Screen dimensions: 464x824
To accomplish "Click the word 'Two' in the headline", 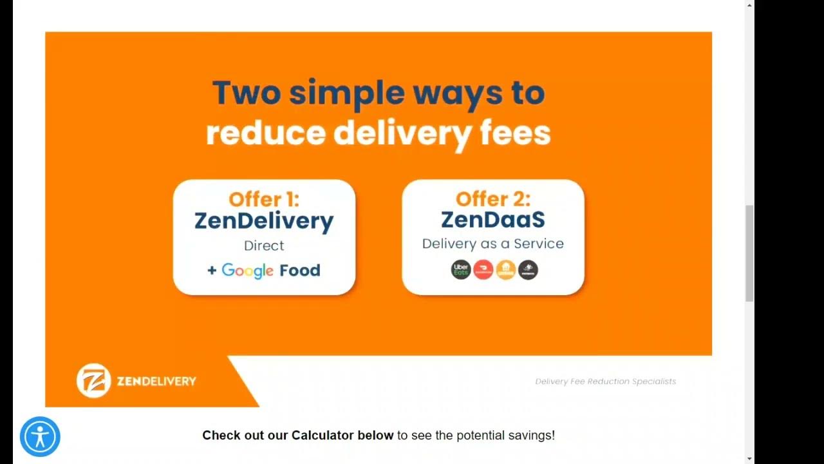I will (247, 93).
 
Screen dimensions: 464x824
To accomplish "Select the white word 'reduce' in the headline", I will (265, 132).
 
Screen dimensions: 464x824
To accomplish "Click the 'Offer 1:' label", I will (264, 199).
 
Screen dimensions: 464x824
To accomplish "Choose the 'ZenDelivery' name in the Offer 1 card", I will (264, 221).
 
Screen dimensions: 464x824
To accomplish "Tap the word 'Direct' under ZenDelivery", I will (264, 246).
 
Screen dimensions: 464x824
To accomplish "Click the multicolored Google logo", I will (248, 271).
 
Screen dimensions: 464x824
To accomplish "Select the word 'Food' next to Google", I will (300, 270).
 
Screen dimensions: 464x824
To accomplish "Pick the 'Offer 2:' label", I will (493, 198).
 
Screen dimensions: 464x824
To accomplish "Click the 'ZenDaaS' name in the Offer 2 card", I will (493, 220).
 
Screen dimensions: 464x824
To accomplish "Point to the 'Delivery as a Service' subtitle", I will (493, 244).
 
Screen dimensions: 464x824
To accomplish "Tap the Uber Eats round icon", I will (461, 270).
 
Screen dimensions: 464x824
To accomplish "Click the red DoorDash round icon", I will (483, 270).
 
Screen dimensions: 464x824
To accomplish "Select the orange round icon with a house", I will (506, 270).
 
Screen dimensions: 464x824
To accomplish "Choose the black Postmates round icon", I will (528, 270).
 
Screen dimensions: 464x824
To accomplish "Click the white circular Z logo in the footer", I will (94, 380).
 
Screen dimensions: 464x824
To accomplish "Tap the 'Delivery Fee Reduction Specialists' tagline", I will (606, 382).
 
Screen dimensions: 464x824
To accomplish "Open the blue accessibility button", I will (40, 437).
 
